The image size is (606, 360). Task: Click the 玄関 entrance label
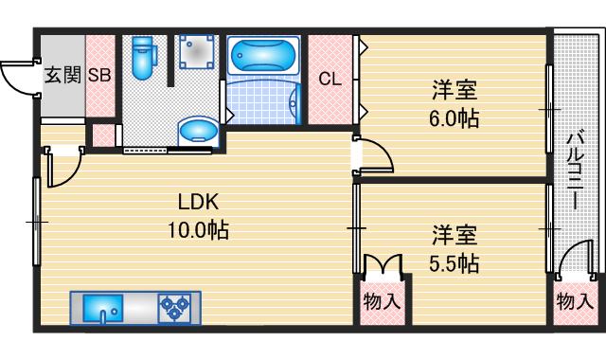pyautogui.click(x=62, y=76)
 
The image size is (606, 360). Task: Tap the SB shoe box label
pyautogui.click(x=99, y=76)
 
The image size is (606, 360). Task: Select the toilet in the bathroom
pyautogui.click(x=144, y=58)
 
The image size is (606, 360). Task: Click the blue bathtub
pyautogui.click(x=263, y=55)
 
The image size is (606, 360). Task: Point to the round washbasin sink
pyautogui.click(x=197, y=130)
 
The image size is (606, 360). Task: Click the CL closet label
pyautogui.click(x=329, y=79)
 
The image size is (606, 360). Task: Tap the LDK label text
pyautogui.click(x=199, y=202)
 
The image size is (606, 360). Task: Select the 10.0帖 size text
pyautogui.click(x=199, y=228)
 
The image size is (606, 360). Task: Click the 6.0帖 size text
pyautogui.click(x=454, y=120)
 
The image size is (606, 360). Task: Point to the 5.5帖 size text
pyautogui.click(x=454, y=262)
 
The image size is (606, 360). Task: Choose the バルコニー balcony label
pyautogui.click(x=574, y=174)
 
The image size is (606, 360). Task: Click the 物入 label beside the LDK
pyautogui.click(x=383, y=303)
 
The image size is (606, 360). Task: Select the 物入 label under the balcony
pyautogui.click(x=575, y=302)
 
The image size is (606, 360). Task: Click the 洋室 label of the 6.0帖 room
pyautogui.click(x=454, y=93)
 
